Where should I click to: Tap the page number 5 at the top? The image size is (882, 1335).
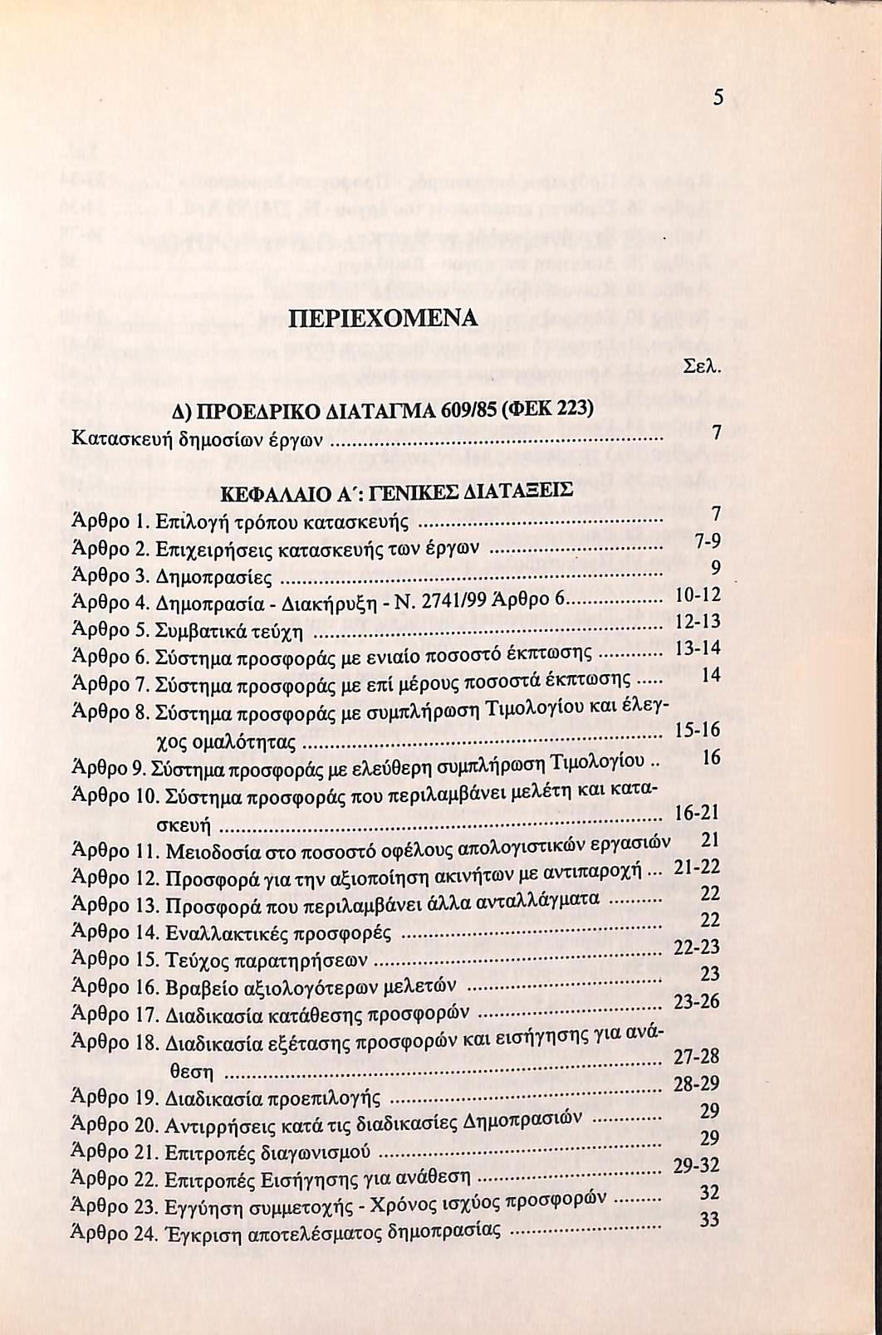[718, 98]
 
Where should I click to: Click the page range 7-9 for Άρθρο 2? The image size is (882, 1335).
[707, 541]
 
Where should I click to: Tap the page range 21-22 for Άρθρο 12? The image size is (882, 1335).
[697, 867]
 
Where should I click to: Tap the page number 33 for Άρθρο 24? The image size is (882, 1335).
[709, 1220]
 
